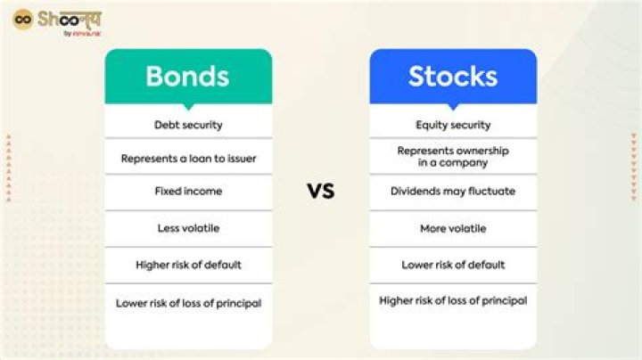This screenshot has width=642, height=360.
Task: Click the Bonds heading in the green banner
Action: coord(188,76)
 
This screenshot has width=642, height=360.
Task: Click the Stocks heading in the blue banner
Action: coord(453,76)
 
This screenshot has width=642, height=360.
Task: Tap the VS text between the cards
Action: coord(321,191)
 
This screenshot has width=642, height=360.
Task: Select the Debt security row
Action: coord(188,125)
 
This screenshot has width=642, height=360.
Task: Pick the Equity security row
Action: coord(453,125)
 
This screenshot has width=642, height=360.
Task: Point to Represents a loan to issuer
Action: coord(188,159)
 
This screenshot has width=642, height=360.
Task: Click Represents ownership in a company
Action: coord(453,157)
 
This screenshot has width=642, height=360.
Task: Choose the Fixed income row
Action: coord(188,192)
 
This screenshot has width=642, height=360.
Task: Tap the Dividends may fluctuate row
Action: coord(453,192)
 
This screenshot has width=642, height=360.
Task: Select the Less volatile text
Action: coord(188,228)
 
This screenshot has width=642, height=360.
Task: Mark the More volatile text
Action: coord(453,228)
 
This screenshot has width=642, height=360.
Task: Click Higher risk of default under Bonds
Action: coord(188,265)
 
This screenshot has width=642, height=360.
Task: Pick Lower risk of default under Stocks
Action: coord(453,265)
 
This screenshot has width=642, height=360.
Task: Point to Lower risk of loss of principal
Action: coord(188,303)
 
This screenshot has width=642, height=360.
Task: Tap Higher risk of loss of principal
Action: coord(453,301)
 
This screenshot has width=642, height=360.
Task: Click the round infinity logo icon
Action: coord(23,19)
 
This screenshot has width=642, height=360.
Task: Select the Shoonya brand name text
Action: coord(70,19)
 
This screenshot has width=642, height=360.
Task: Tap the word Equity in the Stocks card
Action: coord(432,125)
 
